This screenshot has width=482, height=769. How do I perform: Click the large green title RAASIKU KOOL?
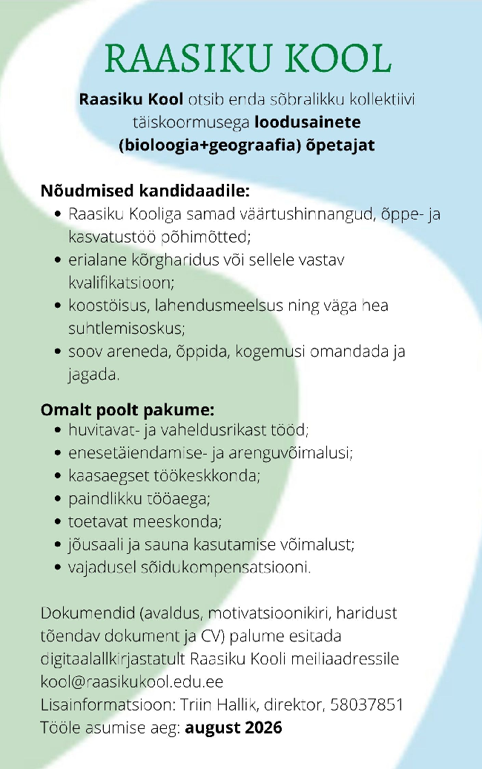click(x=248, y=59)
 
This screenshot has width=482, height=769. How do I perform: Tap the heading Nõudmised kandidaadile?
click(x=145, y=191)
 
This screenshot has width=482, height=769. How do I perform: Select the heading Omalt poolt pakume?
click(x=127, y=409)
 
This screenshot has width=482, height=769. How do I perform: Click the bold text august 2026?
click(x=234, y=727)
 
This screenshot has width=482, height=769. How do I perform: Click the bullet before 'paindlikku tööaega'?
click(x=59, y=499)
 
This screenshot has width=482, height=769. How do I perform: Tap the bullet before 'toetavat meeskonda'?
click(x=59, y=522)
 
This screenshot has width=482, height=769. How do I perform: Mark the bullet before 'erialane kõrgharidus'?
click(x=59, y=261)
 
